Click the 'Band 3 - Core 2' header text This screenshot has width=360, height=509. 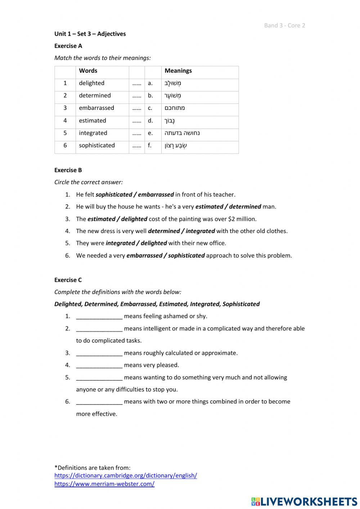(x=284, y=25)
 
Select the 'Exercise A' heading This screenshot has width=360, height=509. (x=68, y=46)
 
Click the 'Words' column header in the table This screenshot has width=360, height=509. (x=88, y=71)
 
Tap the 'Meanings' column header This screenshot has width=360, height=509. (x=178, y=71)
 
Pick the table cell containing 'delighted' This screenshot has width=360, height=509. (x=91, y=83)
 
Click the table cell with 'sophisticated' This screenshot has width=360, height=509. (x=96, y=146)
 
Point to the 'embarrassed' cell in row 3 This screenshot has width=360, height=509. (x=96, y=108)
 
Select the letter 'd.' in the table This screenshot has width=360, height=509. (x=150, y=121)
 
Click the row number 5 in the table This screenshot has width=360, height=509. (x=65, y=133)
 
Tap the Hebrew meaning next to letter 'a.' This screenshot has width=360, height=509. (x=173, y=83)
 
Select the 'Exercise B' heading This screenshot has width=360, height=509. (x=68, y=170)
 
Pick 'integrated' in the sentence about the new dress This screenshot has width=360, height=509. (x=200, y=231)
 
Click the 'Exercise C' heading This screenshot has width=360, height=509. (x=68, y=280)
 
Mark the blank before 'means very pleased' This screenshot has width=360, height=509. (x=99, y=365)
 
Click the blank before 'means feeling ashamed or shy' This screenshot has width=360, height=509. (x=99, y=316)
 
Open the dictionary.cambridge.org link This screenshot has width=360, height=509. (x=126, y=475)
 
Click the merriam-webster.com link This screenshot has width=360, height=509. (x=104, y=484)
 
